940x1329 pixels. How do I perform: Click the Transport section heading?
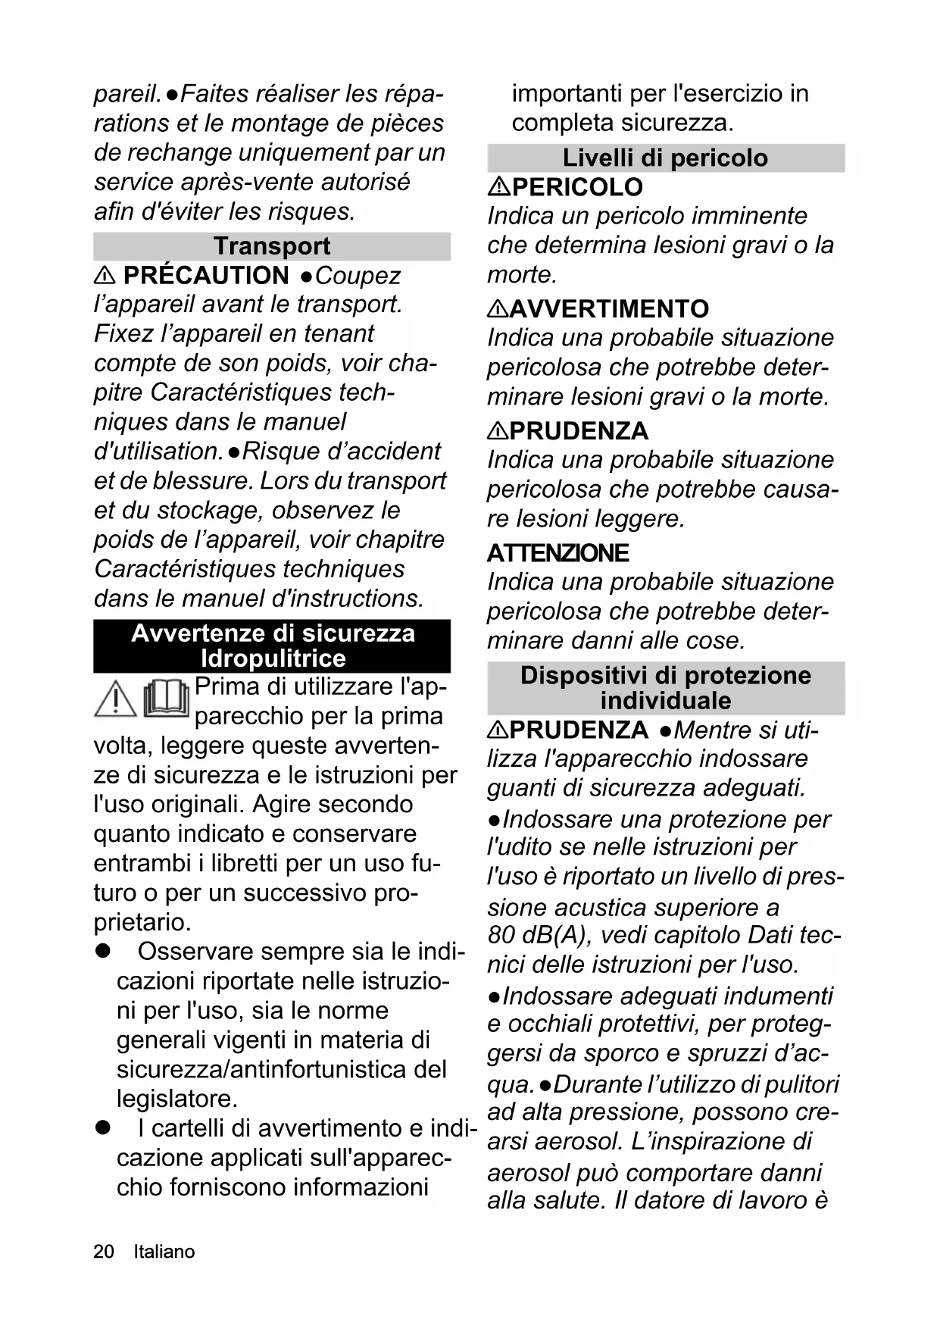point(271,246)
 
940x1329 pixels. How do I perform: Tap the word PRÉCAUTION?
point(206,275)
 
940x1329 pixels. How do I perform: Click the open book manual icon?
point(166,697)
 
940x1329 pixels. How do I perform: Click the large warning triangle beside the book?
point(115,699)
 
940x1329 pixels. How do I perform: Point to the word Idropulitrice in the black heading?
point(273,658)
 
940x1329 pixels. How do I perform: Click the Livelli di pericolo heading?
point(665,158)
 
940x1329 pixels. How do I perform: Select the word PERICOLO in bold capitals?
point(577,187)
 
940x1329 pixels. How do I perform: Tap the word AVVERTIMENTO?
point(609,309)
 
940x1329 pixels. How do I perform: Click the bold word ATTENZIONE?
point(557,553)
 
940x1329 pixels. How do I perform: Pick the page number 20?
point(104,1252)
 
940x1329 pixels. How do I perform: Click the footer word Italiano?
point(164,1252)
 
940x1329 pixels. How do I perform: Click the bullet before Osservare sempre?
point(102,952)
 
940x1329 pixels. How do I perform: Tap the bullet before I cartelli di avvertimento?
point(102,1128)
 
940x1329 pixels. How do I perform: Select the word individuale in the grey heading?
point(665,701)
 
